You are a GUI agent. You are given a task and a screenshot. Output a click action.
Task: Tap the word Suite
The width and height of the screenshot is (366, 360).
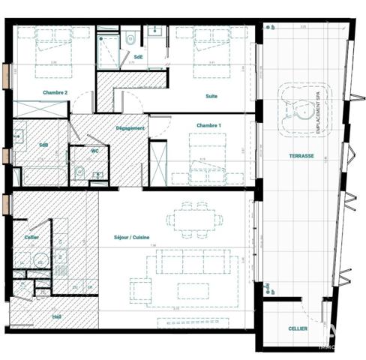(213, 97)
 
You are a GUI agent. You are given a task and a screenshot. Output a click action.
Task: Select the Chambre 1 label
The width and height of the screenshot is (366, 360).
(208, 124)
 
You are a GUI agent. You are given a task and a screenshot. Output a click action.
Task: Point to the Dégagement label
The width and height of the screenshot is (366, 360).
(130, 128)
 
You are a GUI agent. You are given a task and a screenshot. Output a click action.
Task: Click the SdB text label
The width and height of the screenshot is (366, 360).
(43, 145)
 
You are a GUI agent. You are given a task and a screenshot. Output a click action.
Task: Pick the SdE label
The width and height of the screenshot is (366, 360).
(139, 57)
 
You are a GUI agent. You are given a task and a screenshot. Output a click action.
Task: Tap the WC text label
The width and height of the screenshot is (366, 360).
(94, 151)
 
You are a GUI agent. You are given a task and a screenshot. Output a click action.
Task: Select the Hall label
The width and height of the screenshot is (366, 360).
(56, 317)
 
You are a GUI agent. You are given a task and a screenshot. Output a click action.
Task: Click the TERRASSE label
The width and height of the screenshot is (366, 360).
(301, 157)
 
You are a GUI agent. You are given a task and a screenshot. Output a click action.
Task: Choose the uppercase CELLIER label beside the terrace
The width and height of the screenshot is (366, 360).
(298, 328)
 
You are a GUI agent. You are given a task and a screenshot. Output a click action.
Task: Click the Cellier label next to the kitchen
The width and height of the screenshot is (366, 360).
(31, 238)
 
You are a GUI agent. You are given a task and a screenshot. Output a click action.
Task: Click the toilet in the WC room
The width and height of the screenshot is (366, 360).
(79, 172)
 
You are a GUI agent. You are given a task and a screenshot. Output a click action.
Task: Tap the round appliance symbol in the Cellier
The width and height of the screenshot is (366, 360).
(40, 261)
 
